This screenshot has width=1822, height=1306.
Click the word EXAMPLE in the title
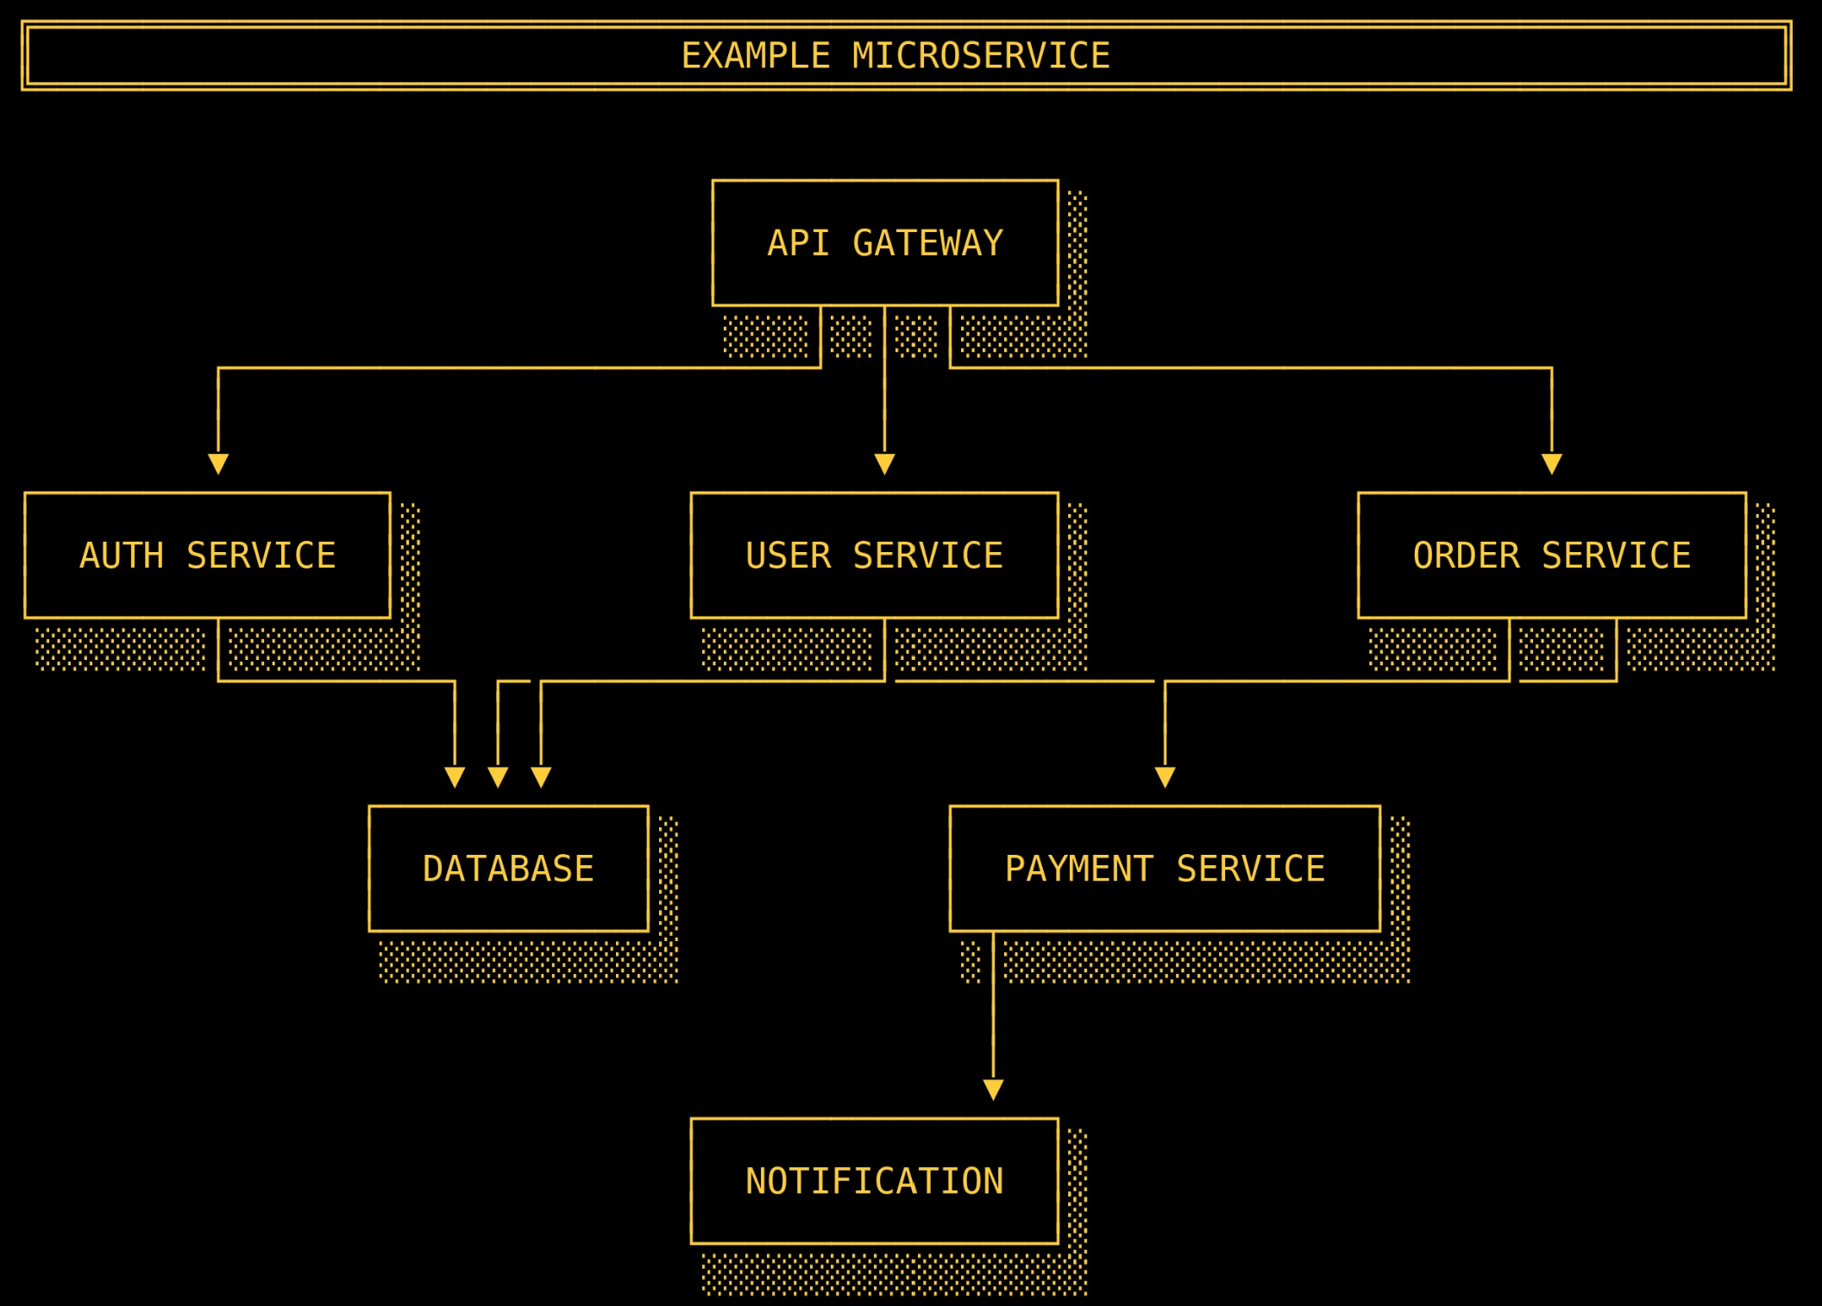click(x=756, y=56)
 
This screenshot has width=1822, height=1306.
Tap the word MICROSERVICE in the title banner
click(x=981, y=56)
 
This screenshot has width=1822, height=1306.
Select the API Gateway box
click(x=885, y=242)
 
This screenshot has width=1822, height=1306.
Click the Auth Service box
click(x=207, y=555)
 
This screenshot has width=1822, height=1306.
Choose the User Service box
click(x=874, y=555)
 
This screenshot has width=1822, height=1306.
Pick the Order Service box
click(x=1551, y=555)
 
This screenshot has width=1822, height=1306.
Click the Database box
click(x=508, y=868)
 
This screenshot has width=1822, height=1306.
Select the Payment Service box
click(x=1165, y=868)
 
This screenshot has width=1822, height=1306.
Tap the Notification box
click(x=874, y=1181)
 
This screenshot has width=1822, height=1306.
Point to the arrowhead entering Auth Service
click(x=218, y=464)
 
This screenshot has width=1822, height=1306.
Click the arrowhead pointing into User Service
click(x=884, y=464)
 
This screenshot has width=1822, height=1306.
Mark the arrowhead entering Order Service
click(x=1552, y=464)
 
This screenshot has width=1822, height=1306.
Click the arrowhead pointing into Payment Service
click(x=1165, y=777)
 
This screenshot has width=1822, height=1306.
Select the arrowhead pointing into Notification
click(x=993, y=1089)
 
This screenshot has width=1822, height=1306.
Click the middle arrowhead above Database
click(x=498, y=777)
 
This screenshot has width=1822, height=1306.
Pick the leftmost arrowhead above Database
click(x=455, y=777)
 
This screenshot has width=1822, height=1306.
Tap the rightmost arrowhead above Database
click(x=541, y=777)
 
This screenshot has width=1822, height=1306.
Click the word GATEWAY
click(x=927, y=242)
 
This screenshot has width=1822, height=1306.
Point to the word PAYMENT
click(x=1078, y=868)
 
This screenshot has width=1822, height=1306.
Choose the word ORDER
click(x=1466, y=555)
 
